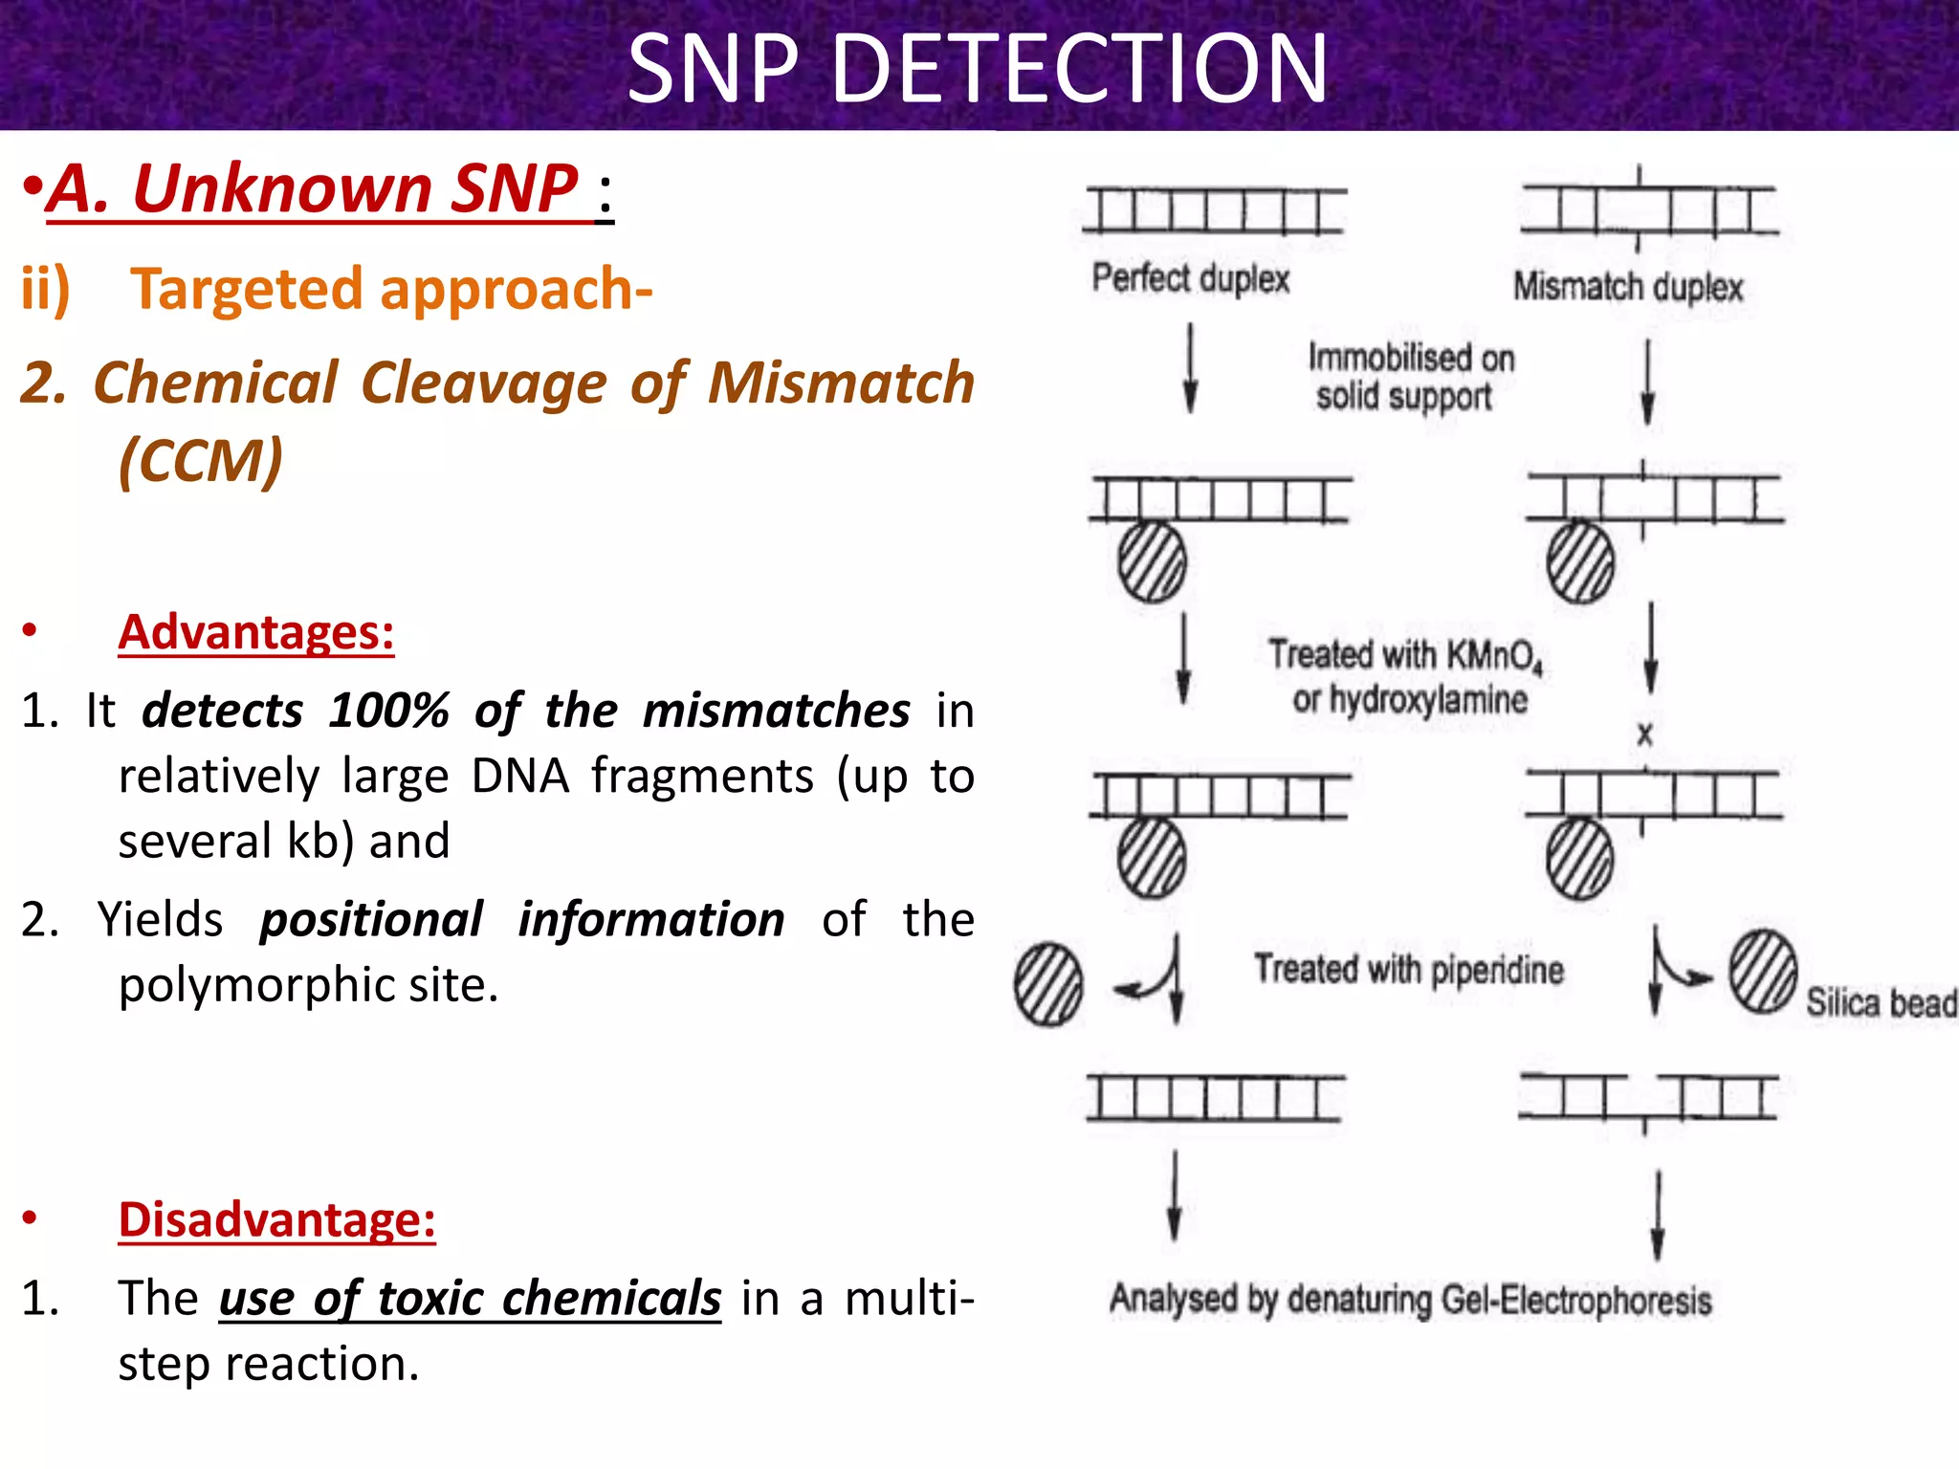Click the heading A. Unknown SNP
point(316,188)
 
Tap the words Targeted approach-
point(391,289)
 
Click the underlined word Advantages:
point(255,632)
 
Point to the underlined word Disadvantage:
point(276,1219)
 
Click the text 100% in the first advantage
point(388,711)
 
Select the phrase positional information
point(521,919)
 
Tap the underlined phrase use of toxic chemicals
point(470,1298)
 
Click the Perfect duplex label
point(1191,278)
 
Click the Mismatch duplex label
point(1627,287)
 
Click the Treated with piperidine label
point(1408,970)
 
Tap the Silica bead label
point(1880,1002)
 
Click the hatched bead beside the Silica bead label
point(1762,972)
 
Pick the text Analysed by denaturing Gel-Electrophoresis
point(1410,1300)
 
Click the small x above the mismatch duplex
point(1644,734)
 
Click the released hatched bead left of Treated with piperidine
point(1048,985)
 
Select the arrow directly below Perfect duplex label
point(1190,367)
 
